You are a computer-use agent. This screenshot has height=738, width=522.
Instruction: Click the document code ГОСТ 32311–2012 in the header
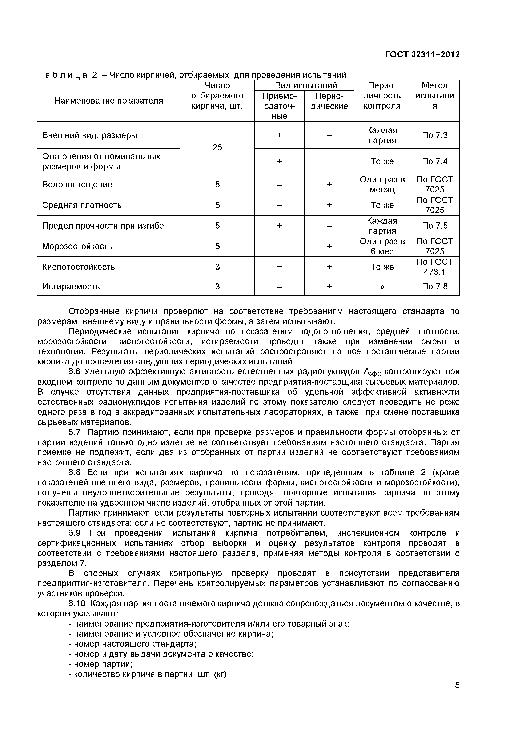pyautogui.click(x=422, y=55)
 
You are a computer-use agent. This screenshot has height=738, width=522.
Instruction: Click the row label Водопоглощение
pyautogui.click(x=77, y=184)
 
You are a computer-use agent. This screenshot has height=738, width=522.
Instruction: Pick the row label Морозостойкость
pyautogui.click(x=77, y=247)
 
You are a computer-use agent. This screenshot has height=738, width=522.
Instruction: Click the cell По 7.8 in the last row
pyautogui.click(x=434, y=286)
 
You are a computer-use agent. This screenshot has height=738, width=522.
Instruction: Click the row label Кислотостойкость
pyautogui.click(x=79, y=267)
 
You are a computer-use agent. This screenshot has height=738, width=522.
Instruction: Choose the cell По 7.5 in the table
pyautogui.click(x=434, y=226)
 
